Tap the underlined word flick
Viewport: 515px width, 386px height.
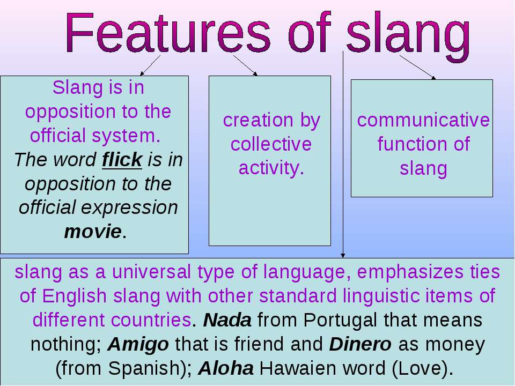122,160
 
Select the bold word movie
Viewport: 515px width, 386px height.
93,232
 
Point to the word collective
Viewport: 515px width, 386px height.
271,144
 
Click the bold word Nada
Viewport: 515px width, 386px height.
227,320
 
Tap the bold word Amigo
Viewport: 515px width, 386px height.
138,345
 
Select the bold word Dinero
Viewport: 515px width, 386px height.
360,344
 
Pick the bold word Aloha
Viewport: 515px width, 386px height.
226,368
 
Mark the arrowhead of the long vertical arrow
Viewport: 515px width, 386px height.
343,255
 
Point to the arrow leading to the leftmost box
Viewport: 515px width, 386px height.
150,65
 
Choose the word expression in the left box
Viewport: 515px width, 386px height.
129,208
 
